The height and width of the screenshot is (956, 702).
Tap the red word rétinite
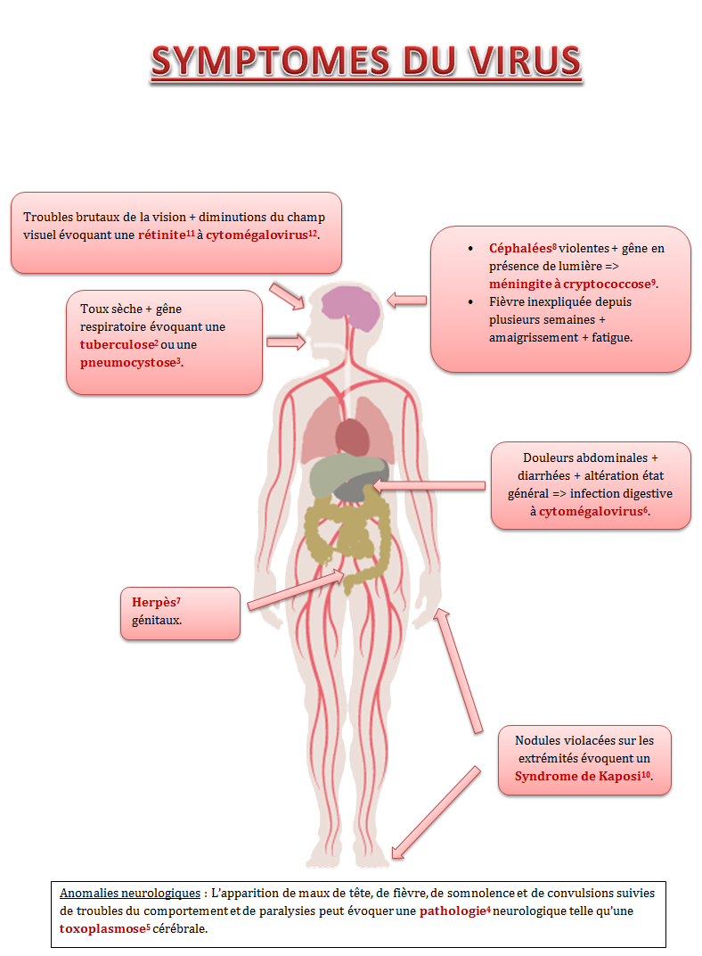(x=162, y=235)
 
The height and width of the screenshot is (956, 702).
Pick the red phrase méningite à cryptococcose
(x=570, y=284)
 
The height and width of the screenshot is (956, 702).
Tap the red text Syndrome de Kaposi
(x=582, y=776)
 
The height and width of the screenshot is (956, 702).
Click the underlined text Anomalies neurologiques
(x=129, y=893)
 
